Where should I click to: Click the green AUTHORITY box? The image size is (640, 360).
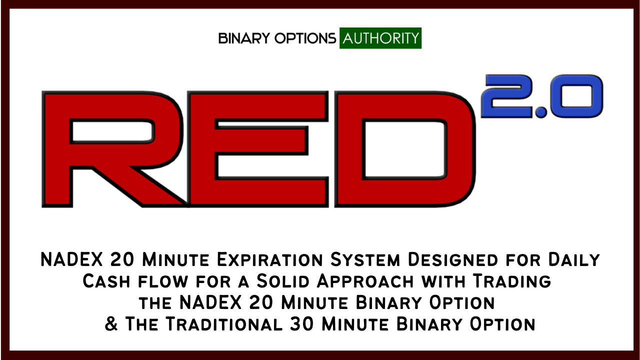click(x=380, y=38)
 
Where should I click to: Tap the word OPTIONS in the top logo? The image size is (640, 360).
click(x=305, y=38)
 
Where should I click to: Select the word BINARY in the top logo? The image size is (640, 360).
click(x=244, y=38)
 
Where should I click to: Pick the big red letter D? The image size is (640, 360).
click(x=405, y=149)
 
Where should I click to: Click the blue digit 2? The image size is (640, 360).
click(x=507, y=96)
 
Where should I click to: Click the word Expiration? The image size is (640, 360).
click(x=270, y=259)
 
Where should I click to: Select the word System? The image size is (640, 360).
click(x=365, y=259)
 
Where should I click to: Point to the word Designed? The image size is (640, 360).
click(x=453, y=259)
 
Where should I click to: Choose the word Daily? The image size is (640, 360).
click(x=574, y=259)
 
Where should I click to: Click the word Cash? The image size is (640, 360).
click(x=106, y=281)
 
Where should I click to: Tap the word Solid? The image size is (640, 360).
click(x=283, y=281)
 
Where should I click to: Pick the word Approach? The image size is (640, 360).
click(x=365, y=281)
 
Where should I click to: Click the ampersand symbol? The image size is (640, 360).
click(x=111, y=324)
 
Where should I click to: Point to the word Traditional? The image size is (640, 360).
click(x=224, y=324)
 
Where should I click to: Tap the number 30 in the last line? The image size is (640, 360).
click(x=302, y=324)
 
